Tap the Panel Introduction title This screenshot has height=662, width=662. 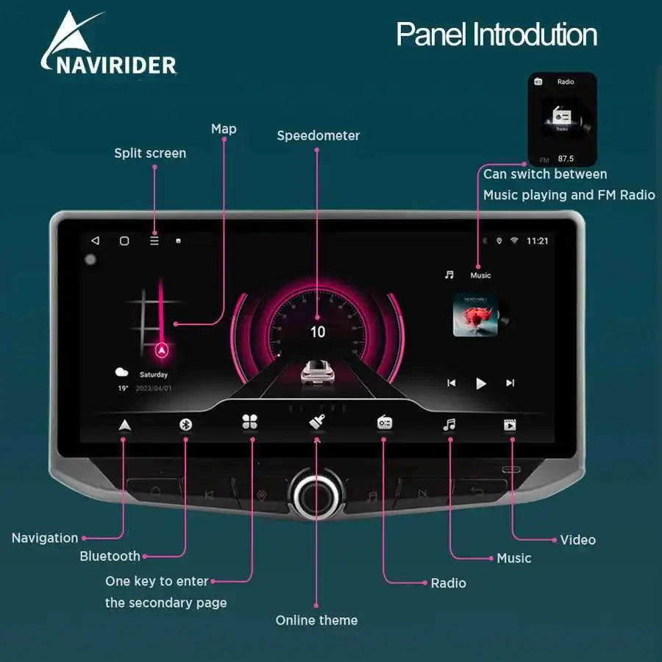pos(496,35)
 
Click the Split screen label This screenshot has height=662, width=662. pos(150,153)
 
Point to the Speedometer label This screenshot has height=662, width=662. pos(318,135)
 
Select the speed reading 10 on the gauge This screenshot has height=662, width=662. pos(317,332)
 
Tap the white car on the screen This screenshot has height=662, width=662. pos(318,372)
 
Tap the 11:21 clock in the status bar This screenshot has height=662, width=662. pos(537,241)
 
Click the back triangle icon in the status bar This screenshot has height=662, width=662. pos(95,241)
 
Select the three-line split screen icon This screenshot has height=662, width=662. pos(154,241)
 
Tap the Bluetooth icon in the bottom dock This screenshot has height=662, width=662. pos(186,424)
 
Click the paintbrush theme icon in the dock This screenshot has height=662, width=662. pos(317,423)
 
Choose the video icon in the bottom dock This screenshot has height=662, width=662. pos(510,424)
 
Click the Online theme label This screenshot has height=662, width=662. pos(316,620)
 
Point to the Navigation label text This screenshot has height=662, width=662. pos(45,538)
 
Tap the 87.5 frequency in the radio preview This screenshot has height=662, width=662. pos(566,158)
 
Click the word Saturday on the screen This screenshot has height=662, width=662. pos(154,374)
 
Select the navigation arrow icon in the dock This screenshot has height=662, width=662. pos(124,424)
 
